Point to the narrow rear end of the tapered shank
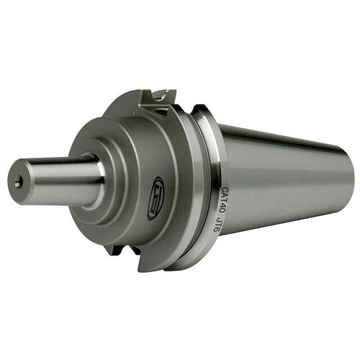(x=348, y=179)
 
